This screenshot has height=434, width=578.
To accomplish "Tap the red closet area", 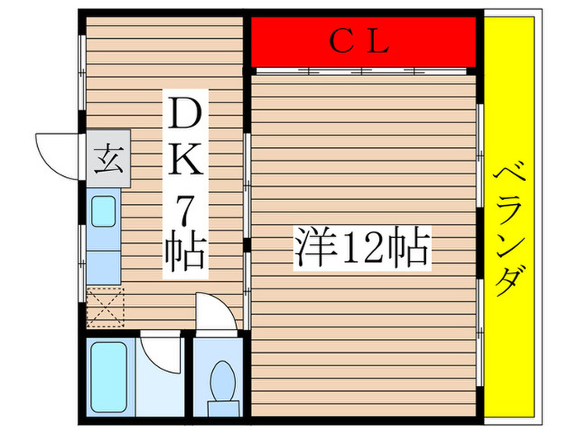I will (281, 41).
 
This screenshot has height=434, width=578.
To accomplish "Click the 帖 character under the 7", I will (185, 253).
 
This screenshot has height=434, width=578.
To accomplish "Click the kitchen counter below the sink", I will (104, 265).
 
